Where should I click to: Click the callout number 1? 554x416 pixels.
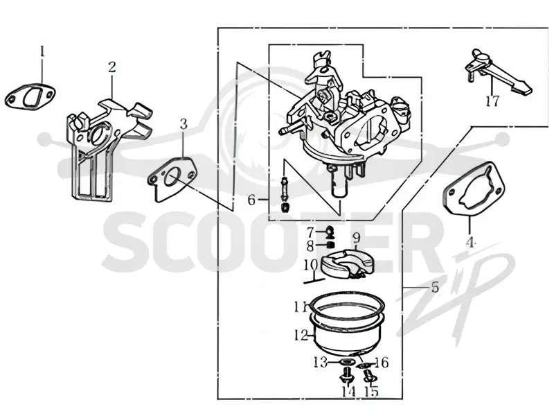[42, 52]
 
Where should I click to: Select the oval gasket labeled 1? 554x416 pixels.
[30, 96]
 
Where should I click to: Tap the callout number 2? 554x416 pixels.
[112, 67]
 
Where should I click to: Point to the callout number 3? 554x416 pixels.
[184, 124]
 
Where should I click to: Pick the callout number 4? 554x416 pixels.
[470, 242]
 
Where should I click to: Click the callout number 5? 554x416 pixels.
[435, 287]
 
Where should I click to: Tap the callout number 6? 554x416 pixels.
[251, 200]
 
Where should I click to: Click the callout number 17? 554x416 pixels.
[492, 101]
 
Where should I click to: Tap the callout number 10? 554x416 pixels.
[311, 265]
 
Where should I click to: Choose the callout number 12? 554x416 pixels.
[301, 335]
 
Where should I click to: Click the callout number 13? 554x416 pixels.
[321, 363]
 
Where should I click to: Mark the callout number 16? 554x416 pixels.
[382, 363]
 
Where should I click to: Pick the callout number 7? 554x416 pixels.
[310, 233]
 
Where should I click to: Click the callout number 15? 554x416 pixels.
[371, 391]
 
